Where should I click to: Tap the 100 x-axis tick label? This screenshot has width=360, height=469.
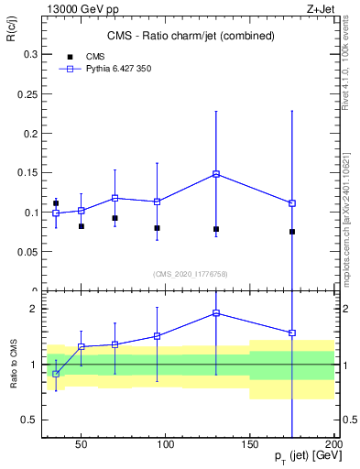click(166, 445)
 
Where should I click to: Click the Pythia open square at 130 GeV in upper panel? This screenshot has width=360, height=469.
click(216, 173)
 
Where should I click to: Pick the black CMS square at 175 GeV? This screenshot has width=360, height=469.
click(292, 232)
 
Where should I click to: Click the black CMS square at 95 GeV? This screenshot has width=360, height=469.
click(158, 228)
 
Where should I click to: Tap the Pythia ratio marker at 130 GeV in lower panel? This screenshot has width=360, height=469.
click(216, 313)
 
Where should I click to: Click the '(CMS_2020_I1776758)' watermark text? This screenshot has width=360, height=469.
click(191, 273)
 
